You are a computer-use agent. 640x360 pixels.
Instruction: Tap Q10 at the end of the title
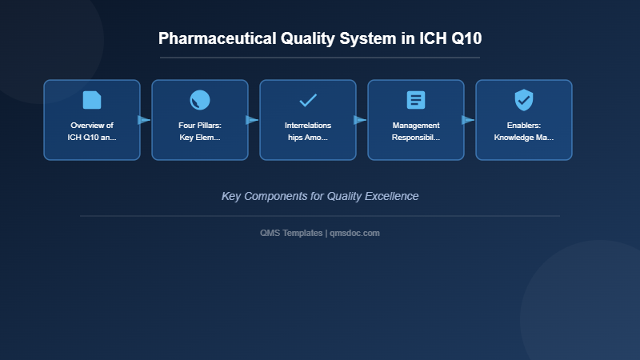(466, 38)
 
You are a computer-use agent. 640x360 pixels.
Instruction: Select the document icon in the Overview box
(92, 100)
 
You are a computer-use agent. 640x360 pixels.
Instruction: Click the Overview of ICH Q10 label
(92, 131)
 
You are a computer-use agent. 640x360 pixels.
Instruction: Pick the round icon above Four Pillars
(200, 100)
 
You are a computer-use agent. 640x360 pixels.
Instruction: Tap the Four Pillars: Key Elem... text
(200, 131)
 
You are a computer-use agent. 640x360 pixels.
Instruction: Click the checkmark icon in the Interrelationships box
(308, 100)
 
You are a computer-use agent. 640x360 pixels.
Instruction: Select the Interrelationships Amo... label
(308, 131)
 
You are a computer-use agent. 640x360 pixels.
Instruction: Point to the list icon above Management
(416, 100)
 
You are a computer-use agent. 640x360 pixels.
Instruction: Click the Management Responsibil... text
(416, 131)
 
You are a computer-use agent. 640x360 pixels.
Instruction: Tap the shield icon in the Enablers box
(524, 100)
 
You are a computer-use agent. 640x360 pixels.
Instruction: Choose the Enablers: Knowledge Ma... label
(524, 131)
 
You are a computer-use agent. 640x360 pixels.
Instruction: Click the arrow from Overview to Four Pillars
(144, 120)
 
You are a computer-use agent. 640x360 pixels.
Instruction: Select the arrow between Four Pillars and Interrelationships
(252, 120)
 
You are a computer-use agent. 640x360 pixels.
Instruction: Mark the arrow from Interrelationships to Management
(360, 120)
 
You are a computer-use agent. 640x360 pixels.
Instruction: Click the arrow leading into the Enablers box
(468, 120)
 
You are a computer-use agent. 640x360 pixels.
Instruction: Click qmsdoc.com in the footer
(355, 233)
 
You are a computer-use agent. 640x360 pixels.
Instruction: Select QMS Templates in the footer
(291, 233)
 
